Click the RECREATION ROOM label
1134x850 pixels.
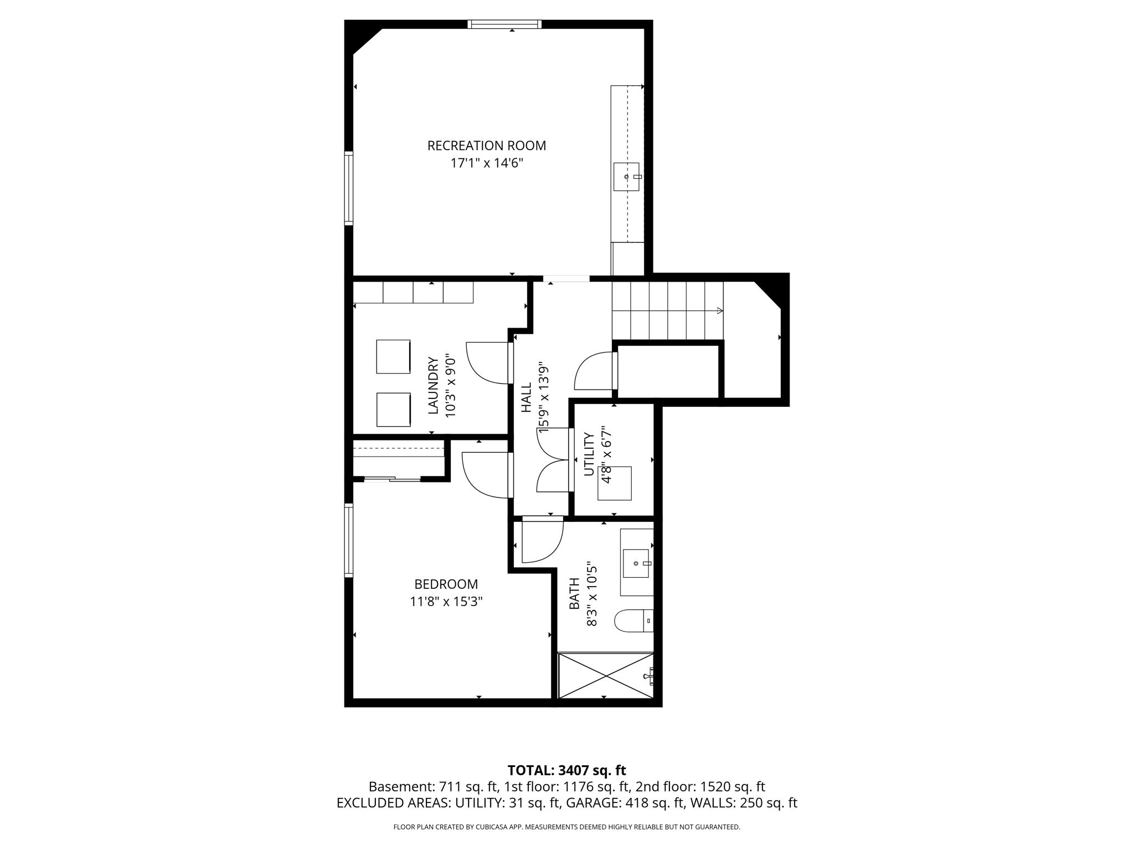(x=486, y=146)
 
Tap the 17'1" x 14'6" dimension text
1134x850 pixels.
(x=486, y=163)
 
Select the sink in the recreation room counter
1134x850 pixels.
(x=626, y=177)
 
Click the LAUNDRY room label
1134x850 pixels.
(x=434, y=385)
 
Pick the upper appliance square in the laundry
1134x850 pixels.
(x=393, y=357)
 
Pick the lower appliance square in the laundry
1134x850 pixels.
(x=393, y=410)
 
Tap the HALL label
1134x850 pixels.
(x=526, y=397)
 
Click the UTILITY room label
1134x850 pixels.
(x=589, y=454)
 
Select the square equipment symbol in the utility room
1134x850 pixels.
(x=614, y=484)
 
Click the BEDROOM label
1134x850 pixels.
(x=446, y=584)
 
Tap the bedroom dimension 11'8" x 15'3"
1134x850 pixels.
(x=446, y=602)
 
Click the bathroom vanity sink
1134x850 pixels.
(x=636, y=563)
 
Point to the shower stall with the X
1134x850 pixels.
(x=606, y=676)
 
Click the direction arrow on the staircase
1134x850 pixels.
(x=719, y=311)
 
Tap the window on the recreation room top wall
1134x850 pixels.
(x=504, y=24)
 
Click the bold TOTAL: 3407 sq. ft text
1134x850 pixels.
(x=566, y=770)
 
